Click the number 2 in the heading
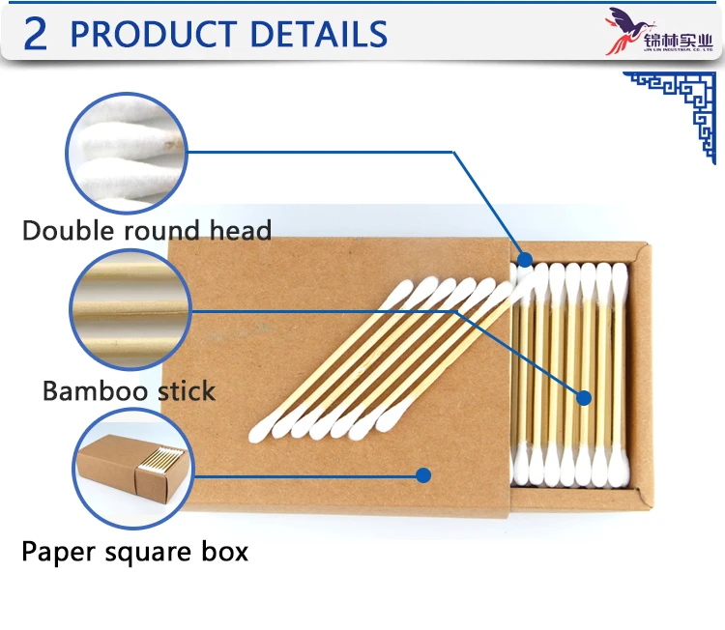(x=36, y=34)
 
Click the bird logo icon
(x=628, y=25)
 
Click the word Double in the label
(x=65, y=231)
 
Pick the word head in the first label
(x=242, y=231)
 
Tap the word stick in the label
(x=185, y=390)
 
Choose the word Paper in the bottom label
(x=57, y=552)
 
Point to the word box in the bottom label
(x=226, y=552)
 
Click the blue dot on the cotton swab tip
(x=524, y=259)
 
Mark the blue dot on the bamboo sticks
(x=583, y=396)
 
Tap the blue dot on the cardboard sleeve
(x=421, y=474)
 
